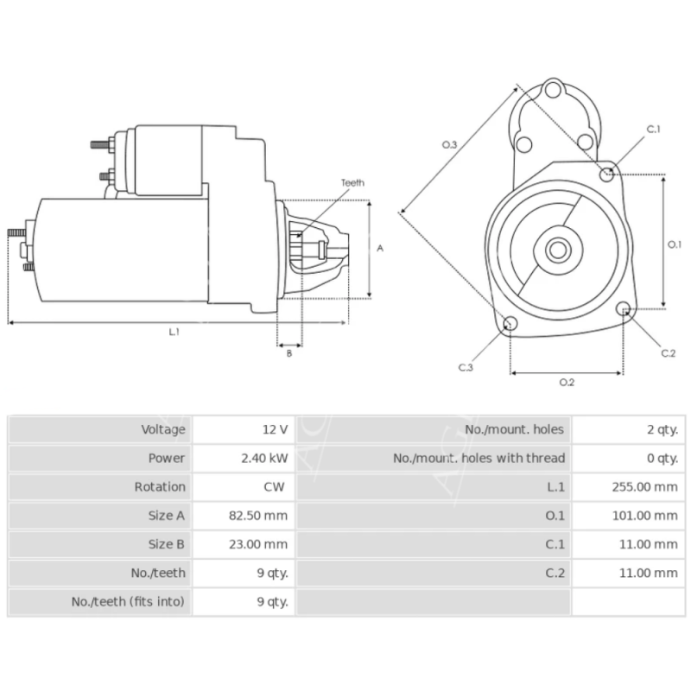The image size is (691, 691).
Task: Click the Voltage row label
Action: pos(162,429)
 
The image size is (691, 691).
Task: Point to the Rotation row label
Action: pos(160,486)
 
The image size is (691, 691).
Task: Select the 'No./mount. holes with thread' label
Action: pos(479,458)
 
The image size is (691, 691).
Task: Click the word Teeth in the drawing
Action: pos(352,183)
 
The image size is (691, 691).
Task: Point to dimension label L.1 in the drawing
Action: pos(174,331)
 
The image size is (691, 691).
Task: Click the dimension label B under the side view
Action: pos(289,352)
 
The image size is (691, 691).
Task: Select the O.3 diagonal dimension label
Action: pos(449,145)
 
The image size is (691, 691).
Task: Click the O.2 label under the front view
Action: pos(567,382)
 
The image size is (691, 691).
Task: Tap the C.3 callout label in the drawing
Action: pos(466,368)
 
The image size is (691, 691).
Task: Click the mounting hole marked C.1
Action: pos(608,174)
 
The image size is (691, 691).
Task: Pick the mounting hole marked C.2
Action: pos(624,309)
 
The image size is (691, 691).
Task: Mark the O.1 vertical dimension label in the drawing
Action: pos(675,244)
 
